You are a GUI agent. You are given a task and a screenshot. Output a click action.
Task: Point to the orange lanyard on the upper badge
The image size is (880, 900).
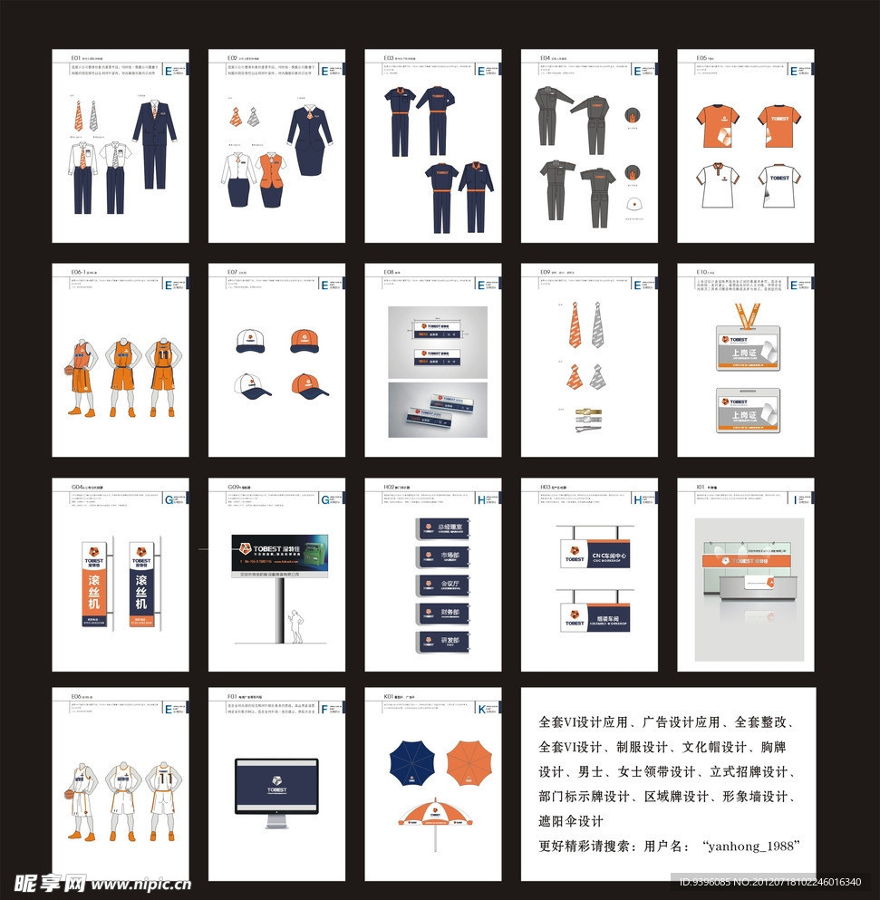(x=745, y=316)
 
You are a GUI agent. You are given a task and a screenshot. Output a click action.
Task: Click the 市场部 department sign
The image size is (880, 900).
(x=444, y=556)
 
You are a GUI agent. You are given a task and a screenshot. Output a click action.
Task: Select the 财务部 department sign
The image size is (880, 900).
(x=444, y=614)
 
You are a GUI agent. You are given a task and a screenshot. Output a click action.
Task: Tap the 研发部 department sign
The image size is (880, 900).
(x=444, y=642)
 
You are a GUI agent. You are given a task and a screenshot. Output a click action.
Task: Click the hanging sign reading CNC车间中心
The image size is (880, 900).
(x=594, y=556)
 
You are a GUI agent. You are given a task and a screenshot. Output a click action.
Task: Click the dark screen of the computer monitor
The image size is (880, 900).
(x=276, y=786)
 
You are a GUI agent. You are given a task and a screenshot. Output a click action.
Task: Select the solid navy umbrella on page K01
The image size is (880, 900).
(x=414, y=762)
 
